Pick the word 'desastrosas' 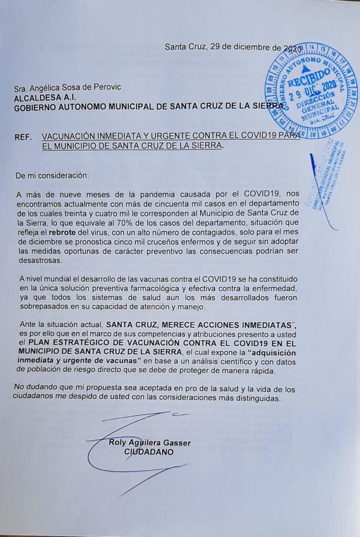pyautogui.click(x=38, y=260)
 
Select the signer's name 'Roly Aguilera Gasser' pyautogui.click(x=149, y=443)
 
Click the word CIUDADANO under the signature pyautogui.click(x=149, y=452)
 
